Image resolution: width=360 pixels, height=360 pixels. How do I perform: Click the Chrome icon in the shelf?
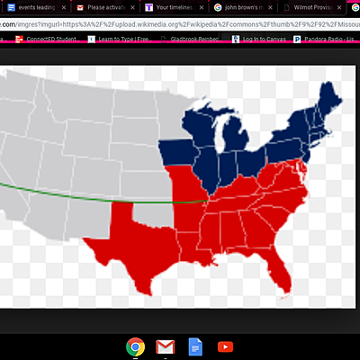(136, 346)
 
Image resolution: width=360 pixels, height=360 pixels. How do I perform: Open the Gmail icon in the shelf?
(165, 346)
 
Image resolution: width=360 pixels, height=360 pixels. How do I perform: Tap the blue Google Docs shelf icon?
(193, 346)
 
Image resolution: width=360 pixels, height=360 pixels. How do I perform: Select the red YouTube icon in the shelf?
(224, 346)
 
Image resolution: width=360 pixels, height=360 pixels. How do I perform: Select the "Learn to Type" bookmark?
(123, 40)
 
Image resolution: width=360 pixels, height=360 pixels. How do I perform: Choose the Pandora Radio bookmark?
(328, 40)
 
